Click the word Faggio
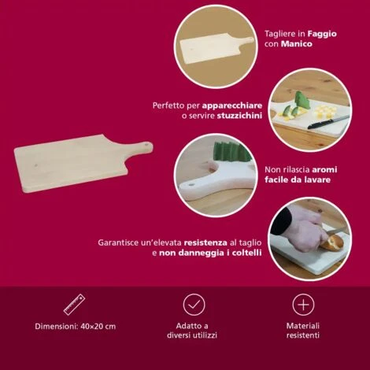322,34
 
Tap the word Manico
297,44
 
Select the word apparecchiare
232,106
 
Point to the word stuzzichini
239,116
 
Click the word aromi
324,170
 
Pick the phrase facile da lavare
298,179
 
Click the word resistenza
205,242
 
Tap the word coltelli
246,253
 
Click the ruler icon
75,305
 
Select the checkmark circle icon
194,305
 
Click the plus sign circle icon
303,305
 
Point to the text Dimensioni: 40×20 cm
76,327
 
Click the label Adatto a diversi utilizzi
192,331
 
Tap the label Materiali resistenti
303,331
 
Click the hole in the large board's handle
146,144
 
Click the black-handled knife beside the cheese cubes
328,122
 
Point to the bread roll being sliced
331,242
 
